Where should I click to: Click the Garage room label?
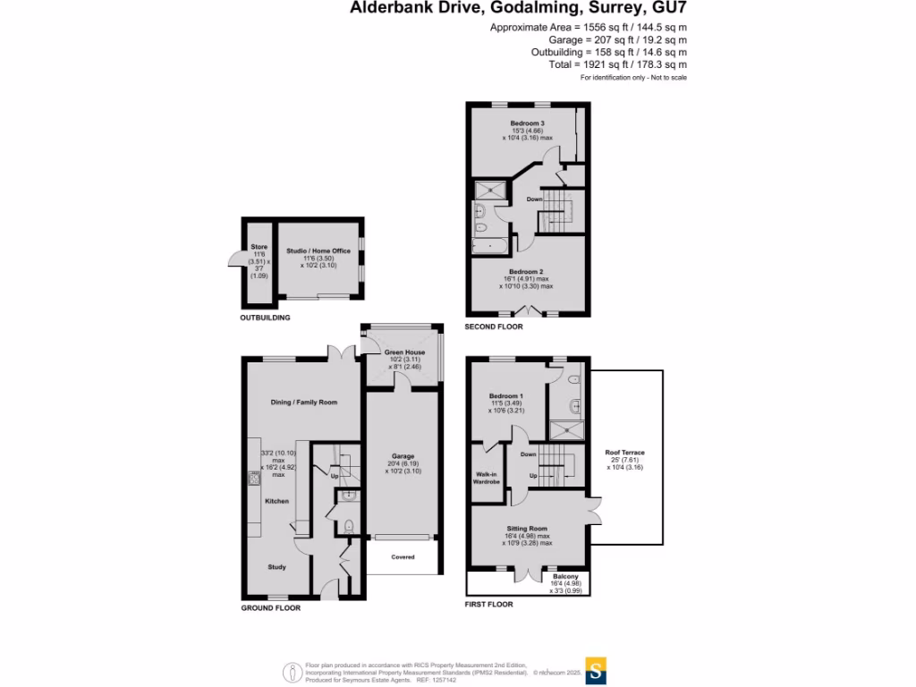tap(402, 454)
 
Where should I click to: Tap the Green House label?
tap(404, 352)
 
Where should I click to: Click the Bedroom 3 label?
tap(528, 123)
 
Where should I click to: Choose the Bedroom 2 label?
tap(527, 271)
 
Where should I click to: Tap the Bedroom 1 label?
tap(506, 395)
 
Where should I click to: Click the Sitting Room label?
tap(528, 528)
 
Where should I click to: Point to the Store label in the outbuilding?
tap(259, 247)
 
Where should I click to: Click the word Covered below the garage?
tap(403, 556)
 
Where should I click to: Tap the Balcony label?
tap(565, 576)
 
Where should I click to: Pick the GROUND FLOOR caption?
tap(270, 608)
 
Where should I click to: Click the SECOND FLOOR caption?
tap(494, 327)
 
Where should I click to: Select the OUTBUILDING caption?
tap(265, 318)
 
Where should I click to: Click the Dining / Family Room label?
tap(304, 403)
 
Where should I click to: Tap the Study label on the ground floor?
tap(277, 566)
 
